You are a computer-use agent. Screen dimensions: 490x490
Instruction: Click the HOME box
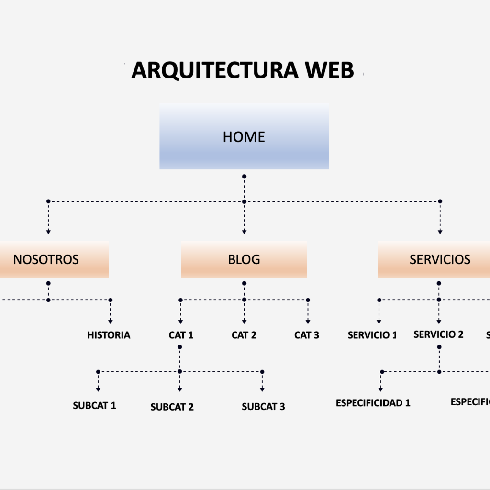click(x=244, y=137)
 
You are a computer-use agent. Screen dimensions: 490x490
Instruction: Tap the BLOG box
click(x=244, y=260)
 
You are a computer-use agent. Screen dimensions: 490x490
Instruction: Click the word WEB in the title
click(x=330, y=71)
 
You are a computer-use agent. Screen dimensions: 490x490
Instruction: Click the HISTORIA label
click(x=109, y=335)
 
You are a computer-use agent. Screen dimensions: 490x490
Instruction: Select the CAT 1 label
click(x=181, y=335)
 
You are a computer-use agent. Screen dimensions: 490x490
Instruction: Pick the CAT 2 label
click(x=244, y=335)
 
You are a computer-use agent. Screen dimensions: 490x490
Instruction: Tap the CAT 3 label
click(x=307, y=335)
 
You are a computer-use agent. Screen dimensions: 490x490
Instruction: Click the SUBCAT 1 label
click(x=94, y=405)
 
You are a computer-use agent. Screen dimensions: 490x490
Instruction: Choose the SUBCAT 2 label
click(x=172, y=407)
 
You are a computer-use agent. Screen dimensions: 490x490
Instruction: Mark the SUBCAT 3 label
click(x=263, y=407)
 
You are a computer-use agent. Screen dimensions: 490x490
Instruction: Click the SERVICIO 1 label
click(x=372, y=335)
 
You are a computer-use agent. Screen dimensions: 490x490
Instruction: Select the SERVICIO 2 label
click(x=438, y=334)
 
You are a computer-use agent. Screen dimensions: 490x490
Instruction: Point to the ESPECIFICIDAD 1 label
click(x=373, y=403)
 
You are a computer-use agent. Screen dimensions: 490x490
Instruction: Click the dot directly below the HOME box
click(x=244, y=177)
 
